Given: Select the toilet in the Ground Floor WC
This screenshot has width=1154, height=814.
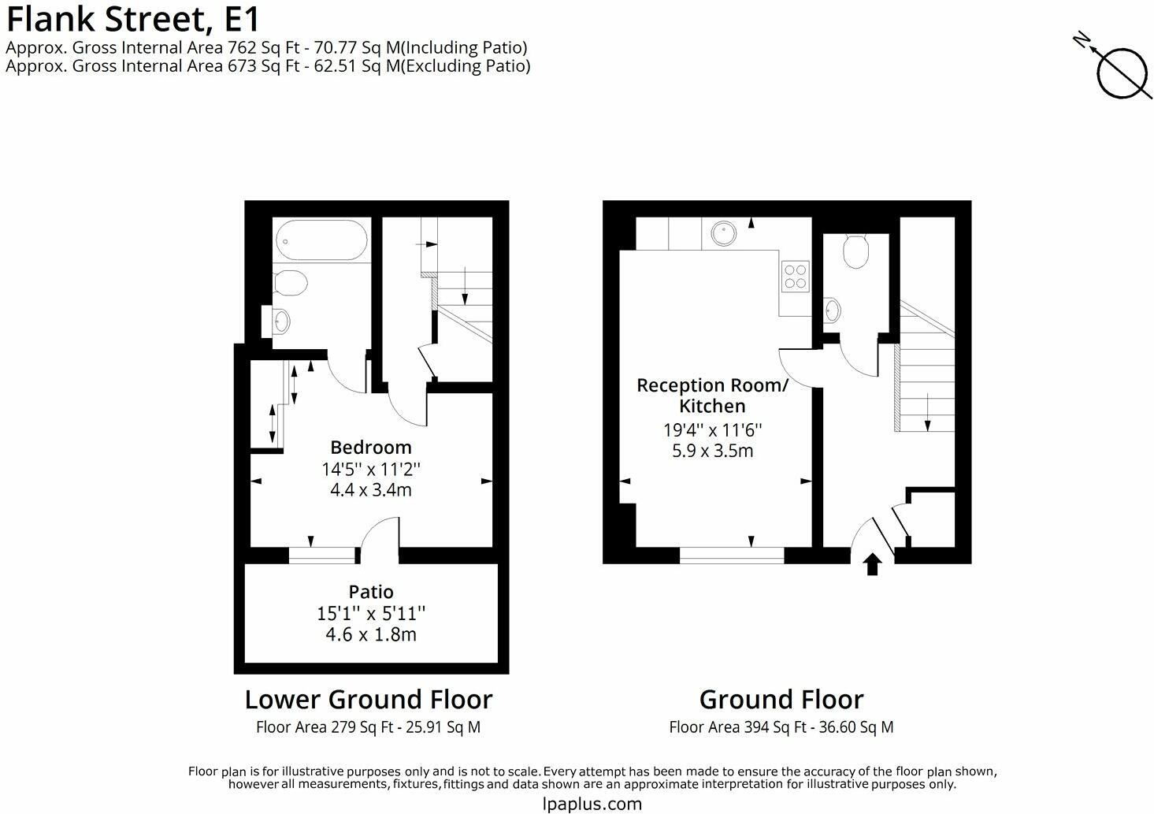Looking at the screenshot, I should (855, 251).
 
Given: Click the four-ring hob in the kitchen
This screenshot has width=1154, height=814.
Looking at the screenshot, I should (795, 275).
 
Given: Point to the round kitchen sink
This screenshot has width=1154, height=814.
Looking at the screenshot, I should (723, 233).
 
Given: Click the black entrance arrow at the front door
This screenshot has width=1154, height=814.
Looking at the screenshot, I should (872, 564).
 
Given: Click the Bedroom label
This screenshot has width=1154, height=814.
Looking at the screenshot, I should (370, 448).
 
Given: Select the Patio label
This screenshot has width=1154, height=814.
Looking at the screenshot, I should (371, 592).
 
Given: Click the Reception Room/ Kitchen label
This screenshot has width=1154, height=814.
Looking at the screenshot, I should (712, 396).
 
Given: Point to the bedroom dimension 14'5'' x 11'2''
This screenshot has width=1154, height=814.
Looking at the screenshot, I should (370, 469).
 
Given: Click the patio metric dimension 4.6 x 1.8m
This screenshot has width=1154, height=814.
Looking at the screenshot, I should (371, 634).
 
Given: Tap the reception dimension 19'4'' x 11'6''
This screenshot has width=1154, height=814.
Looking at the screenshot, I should (712, 430).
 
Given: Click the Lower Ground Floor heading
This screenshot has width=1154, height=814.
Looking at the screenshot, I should (368, 700).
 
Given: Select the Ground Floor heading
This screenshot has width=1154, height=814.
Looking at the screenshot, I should (781, 700).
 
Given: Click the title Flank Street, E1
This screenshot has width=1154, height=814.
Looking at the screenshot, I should (132, 18).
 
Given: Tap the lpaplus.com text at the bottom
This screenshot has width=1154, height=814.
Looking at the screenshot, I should (592, 804).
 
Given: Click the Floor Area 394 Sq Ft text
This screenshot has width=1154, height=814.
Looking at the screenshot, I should (781, 727).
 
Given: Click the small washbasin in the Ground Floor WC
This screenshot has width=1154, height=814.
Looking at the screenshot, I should (832, 310).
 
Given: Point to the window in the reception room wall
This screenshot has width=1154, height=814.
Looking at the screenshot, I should (732, 556).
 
